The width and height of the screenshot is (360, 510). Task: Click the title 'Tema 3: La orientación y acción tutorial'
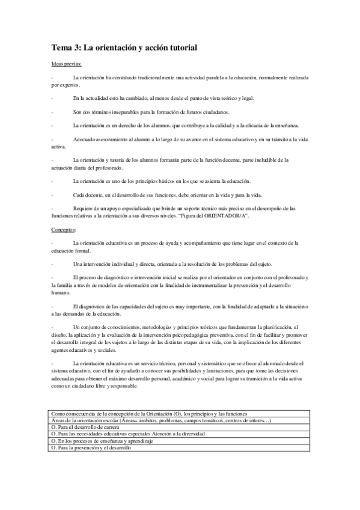[x=124, y=46]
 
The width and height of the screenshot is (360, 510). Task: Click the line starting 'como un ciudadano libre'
[x=94, y=386]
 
